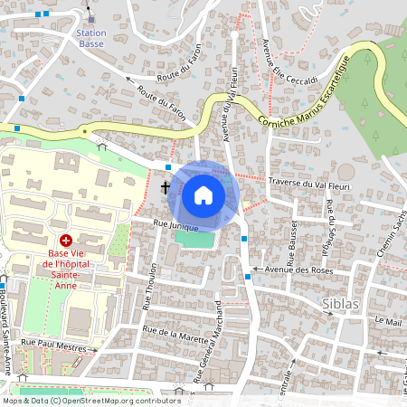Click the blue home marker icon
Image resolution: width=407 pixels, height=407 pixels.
click(x=203, y=194)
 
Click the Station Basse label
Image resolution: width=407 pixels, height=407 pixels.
click(x=91, y=38)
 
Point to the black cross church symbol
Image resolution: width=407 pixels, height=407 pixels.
click(x=165, y=187)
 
